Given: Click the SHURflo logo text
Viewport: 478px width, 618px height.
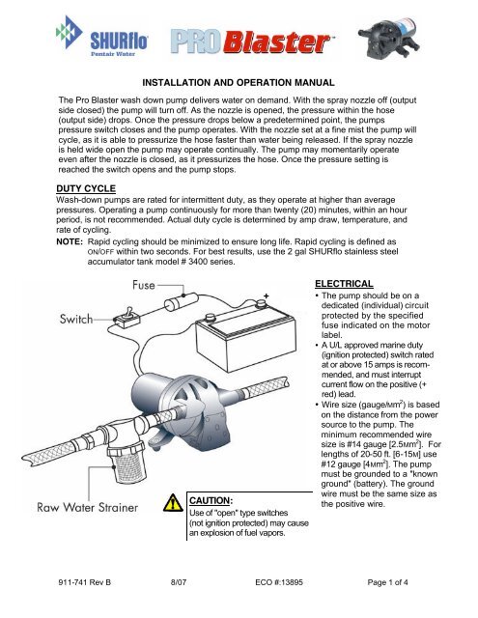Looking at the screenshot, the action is coord(119,42).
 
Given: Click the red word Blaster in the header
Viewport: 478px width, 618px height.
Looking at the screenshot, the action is coord(277,42).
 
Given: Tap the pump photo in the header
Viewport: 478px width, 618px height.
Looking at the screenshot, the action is coord(389,38).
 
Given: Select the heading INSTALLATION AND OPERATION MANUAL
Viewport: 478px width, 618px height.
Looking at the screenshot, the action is coord(239,83).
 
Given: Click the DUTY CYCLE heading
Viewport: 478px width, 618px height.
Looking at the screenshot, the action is coord(86,188).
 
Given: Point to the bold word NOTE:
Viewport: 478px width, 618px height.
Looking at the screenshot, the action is coord(70,241).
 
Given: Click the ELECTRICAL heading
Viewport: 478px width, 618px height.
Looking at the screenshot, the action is coord(344,284).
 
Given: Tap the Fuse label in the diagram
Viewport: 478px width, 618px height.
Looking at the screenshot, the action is coord(144,285).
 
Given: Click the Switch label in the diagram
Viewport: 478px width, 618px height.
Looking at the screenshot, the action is coord(76,319).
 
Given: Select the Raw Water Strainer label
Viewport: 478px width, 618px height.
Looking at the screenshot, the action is coord(88,507).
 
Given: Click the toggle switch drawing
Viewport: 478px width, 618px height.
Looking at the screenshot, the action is coord(127,318).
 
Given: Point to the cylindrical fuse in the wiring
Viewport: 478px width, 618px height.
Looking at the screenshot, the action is coord(180,301).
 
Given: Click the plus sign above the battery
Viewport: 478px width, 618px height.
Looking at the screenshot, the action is coord(267,295).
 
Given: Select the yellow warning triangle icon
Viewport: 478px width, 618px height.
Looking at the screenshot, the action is coord(173,503).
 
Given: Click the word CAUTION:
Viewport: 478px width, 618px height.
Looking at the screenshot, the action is coord(211,500).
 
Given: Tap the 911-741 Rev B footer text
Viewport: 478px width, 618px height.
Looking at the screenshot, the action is coord(85,582).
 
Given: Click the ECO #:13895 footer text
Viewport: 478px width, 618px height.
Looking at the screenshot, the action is coord(279,582).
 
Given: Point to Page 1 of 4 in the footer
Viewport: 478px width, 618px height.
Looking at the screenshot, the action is coord(388,582).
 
